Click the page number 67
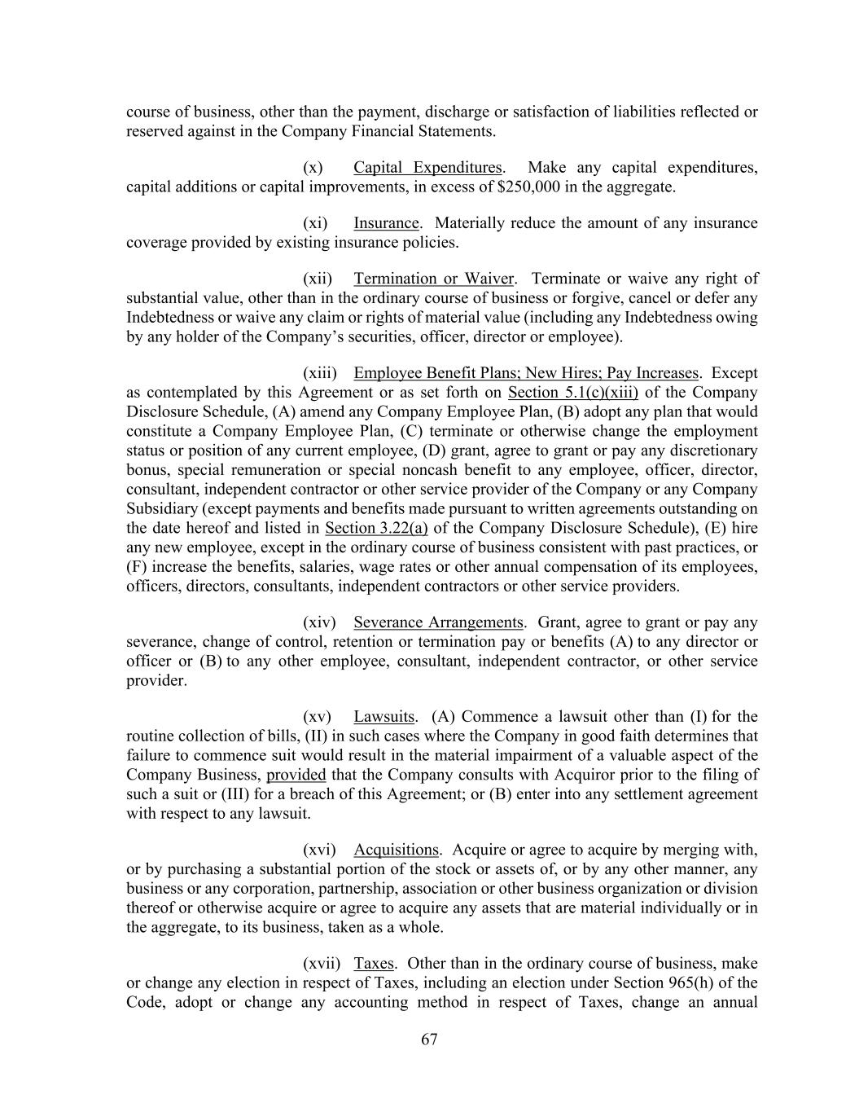[x=430, y=1039]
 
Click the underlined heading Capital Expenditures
[x=427, y=168]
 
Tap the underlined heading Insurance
[x=386, y=223]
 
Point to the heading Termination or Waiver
[x=434, y=279]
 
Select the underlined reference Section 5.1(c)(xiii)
[x=572, y=393]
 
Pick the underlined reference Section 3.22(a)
[x=376, y=529]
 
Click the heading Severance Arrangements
[x=438, y=622]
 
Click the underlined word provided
[x=296, y=775]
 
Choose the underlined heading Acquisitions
[x=396, y=850]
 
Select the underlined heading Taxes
[x=374, y=964]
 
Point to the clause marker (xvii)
[x=322, y=964]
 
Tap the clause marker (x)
[x=313, y=168]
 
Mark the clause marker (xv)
[x=317, y=717]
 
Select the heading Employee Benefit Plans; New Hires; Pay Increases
[x=526, y=373]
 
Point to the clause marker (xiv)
[x=318, y=622]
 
